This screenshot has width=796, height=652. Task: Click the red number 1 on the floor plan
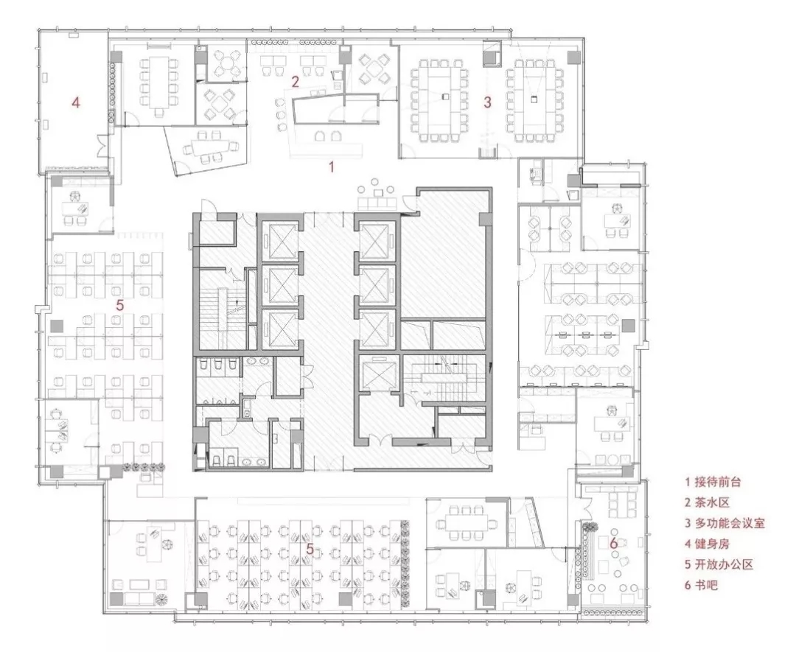[332, 166]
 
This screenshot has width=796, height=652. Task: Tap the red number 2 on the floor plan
[295, 81]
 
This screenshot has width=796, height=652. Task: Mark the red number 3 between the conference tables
[487, 102]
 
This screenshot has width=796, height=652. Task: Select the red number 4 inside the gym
[76, 103]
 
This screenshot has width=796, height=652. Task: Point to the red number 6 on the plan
[613, 544]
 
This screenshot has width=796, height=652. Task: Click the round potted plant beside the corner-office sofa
[161, 598]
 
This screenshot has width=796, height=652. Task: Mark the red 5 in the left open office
[120, 305]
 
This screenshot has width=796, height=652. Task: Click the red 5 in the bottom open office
[310, 549]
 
